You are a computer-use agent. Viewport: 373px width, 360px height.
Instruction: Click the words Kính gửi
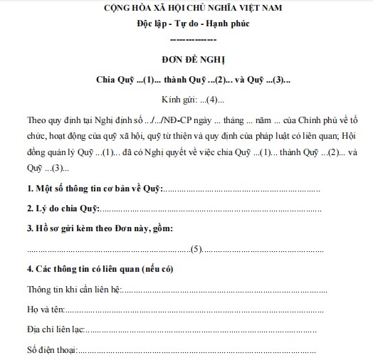point(178,96)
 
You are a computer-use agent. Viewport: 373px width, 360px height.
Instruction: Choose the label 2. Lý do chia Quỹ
point(63,208)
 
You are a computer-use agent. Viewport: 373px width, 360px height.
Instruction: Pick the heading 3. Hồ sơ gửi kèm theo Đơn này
point(100,228)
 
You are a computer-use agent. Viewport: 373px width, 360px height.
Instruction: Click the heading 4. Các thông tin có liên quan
point(100,270)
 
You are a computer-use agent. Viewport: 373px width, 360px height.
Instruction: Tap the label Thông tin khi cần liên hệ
point(75,290)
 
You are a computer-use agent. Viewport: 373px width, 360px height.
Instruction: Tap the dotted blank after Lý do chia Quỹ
point(214,210)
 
